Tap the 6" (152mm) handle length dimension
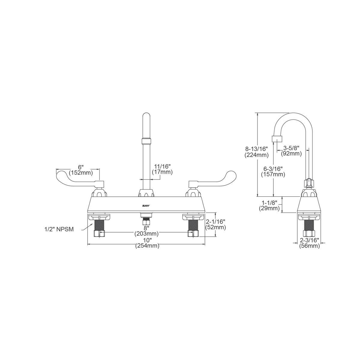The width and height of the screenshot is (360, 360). pyautogui.click(x=81, y=170)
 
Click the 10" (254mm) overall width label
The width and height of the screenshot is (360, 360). pyautogui.click(x=147, y=243)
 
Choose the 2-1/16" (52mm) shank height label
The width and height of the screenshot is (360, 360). pyautogui.click(x=215, y=224)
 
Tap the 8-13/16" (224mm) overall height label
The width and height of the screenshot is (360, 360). pyautogui.click(x=256, y=152)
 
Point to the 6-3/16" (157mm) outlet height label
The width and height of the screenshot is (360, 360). pyautogui.click(x=273, y=171)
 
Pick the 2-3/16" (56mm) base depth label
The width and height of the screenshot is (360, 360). pyautogui.click(x=310, y=243)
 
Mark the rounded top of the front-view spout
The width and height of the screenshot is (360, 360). pyautogui.click(x=146, y=116)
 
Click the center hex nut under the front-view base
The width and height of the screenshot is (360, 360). pyautogui.click(x=146, y=222)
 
